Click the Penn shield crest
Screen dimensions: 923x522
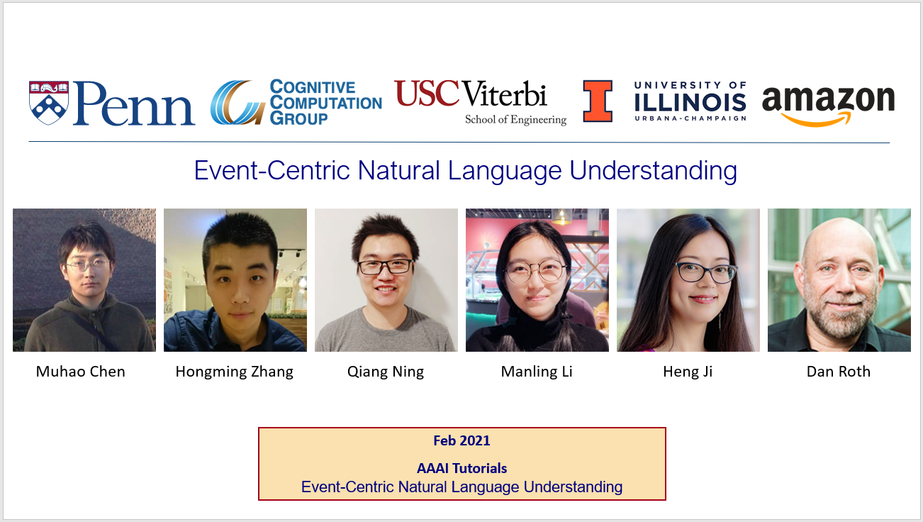point(49,103)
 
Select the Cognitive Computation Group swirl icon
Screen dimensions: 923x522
point(237,102)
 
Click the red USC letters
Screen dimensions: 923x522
point(427,93)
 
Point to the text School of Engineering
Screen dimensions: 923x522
point(516,120)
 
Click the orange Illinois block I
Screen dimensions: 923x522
point(598,101)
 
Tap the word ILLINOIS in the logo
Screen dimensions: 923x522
point(690,102)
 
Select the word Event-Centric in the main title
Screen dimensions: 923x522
point(272,170)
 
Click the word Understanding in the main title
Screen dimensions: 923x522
point(653,171)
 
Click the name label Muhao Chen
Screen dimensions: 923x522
point(80,372)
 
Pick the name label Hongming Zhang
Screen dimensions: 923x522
point(235,372)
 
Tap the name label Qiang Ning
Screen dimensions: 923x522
point(386,372)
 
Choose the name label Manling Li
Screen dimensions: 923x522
point(537,372)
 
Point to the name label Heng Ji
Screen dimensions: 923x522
point(688,372)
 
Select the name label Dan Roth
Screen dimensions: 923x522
point(839,372)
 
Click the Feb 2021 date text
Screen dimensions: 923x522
point(462,440)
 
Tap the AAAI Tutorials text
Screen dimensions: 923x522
point(462,468)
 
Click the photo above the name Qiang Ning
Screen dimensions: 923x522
point(386,280)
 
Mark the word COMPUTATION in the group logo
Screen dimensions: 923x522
point(326,103)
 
